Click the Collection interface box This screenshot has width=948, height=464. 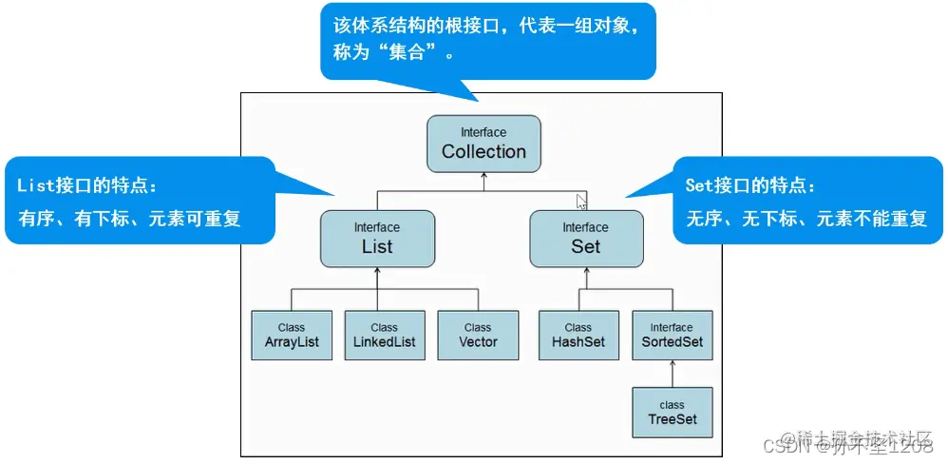pos(483,144)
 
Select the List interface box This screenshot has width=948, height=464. pos(377,239)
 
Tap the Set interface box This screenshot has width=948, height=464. pos(586,239)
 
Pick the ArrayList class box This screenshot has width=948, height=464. pos(292,335)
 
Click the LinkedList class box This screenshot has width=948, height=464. pos(384,335)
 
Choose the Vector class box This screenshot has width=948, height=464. pos(478,335)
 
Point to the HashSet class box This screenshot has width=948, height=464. pos(578,335)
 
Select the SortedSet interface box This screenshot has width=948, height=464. pos(672,335)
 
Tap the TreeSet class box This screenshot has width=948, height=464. pos(672,412)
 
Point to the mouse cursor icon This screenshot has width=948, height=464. pos(581,202)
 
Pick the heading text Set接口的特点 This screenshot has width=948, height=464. pos(750,186)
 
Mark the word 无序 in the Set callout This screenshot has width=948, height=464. pos(705,219)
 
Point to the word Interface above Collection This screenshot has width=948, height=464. pos(483,132)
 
